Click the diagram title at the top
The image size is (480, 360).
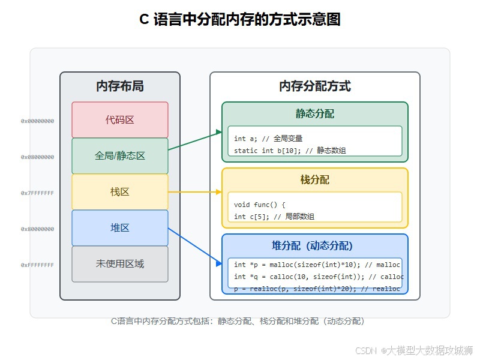pos(240,20)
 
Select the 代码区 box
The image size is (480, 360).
pos(120,120)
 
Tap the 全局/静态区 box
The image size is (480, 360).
pos(120,156)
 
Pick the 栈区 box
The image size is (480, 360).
pos(120,192)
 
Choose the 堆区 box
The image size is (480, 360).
pos(120,228)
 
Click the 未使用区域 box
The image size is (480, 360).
pos(120,264)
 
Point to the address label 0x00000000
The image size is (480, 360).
pos(37,121)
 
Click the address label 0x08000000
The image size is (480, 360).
pos(37,157)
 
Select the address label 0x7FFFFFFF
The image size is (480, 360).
pos(37,193)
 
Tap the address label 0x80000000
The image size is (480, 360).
pos(37,229)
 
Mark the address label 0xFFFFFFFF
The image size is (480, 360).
pos(37,265)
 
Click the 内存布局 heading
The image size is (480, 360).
pos(120,86)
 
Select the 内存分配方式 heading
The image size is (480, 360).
pos(315,86)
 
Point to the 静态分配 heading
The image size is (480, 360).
pos(315,114)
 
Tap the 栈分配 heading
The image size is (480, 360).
pos(315,180)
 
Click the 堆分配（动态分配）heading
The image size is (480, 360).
pos(315,246)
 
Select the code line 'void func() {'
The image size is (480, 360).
pos(260,205)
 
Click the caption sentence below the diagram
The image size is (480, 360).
pos(238,321)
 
